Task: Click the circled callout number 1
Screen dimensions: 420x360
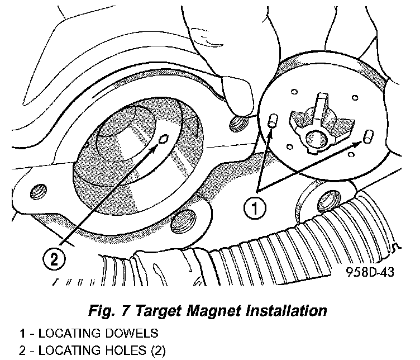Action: (255, 209)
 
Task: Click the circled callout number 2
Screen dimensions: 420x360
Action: (54, 259)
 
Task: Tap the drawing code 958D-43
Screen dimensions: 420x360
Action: (370, 272)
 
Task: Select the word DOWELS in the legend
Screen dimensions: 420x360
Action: (131, 333)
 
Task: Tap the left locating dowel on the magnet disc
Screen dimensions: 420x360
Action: (273, 120)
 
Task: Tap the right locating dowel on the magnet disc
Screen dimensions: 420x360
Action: (368, 136)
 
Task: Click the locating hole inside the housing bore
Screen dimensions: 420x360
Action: (163, 139)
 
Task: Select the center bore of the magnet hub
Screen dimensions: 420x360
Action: (316, 139)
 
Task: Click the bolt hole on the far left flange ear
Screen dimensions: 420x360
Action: (39, 191)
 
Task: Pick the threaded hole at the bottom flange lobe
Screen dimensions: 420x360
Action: (183, 222)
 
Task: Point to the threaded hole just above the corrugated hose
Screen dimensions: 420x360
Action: (329, 201)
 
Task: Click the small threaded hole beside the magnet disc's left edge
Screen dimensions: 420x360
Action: (237, 124)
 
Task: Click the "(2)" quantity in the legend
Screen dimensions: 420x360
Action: (158, 350)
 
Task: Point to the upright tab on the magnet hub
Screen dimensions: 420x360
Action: (322, 106)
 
